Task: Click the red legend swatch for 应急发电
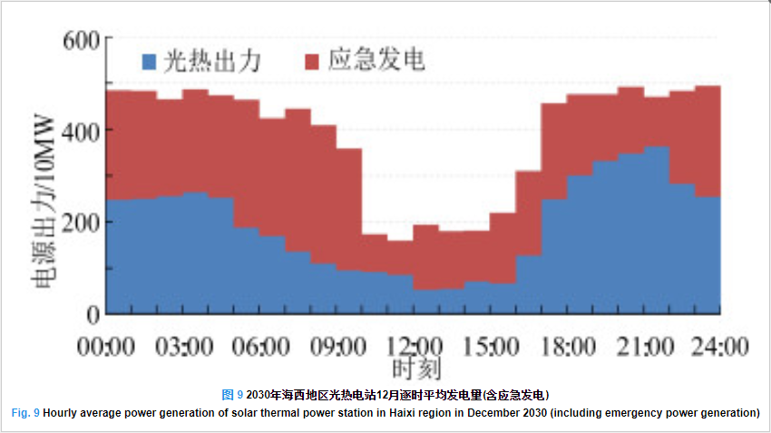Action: [312, 62]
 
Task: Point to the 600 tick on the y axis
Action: [82, 40]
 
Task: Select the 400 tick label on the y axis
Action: [82, 130]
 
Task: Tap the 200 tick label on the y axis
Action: [82, 222]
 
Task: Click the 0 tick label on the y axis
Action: [92, 315]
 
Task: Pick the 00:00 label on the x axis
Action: [107, 347]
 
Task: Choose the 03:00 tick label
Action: [184, 347]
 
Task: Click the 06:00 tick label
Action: [261, 347]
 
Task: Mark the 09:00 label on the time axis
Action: [337, 347]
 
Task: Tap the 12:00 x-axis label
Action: [415, 347]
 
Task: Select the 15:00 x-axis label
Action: [492, 347]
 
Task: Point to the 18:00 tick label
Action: [568, 347]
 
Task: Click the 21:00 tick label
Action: [645, 347]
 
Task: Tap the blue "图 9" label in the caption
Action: [232, 395]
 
